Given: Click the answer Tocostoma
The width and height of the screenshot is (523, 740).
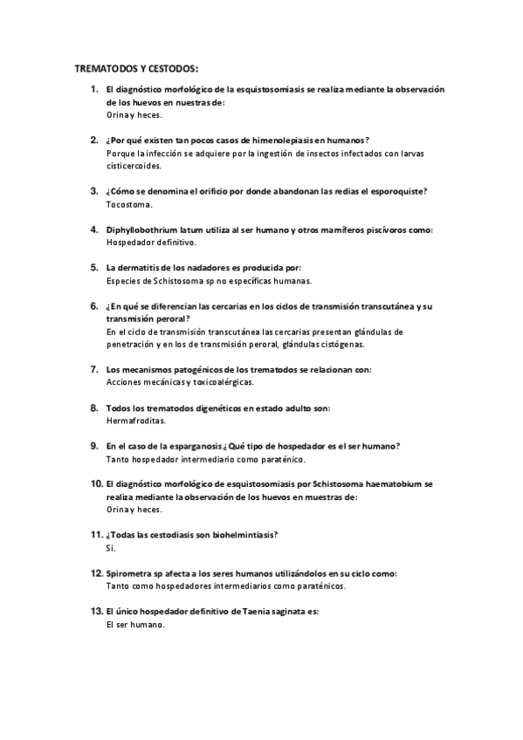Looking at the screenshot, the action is pyautogui.click(x=128, y=204).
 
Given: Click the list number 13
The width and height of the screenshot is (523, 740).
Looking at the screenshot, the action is pyautogui.click(x=96, y=612).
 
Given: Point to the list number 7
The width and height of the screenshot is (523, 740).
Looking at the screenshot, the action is pyautogui.click(x=94, y=369).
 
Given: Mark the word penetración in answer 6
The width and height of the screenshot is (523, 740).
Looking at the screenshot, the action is pyautogui.click(x=132, y=344).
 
